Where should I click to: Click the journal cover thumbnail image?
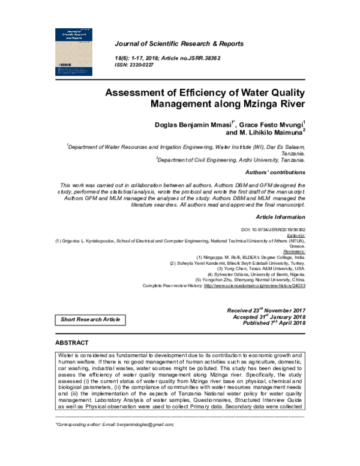(77, 52)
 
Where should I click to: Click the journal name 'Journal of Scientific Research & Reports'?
(179, 44)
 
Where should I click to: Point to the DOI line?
(273, 229)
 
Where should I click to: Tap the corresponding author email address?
(145, 424)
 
